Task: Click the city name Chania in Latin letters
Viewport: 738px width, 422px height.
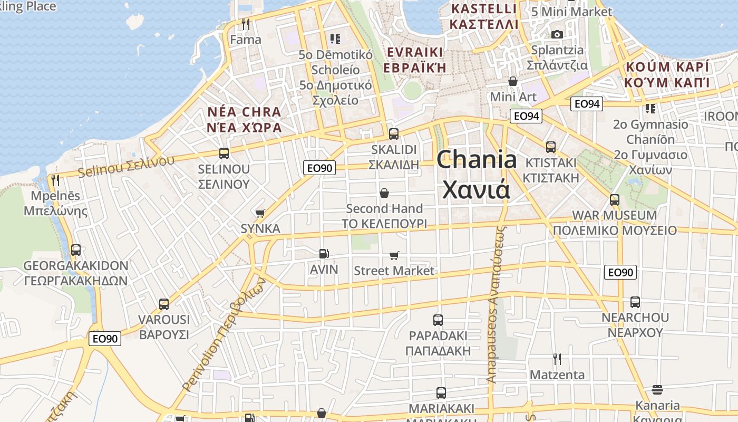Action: click(x=477, y=159)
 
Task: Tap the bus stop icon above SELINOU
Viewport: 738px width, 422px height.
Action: click(x=224, y=154)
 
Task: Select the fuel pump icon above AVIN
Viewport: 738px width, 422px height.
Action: click(x=324, y=254)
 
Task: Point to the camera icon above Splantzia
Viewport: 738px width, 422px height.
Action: click(x=557, y=35)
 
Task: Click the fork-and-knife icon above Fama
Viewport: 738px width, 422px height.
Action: click(x=245, y=24)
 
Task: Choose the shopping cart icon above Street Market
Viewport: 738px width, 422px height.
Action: click(x=394, y=256)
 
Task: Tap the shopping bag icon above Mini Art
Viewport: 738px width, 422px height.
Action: click(x=512, y=81)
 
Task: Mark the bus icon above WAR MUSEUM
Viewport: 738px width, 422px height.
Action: click(x=614, y=200)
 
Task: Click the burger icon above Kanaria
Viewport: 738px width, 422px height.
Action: click(x=657, y=390)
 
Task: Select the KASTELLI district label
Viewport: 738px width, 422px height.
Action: click(x=483, y=9)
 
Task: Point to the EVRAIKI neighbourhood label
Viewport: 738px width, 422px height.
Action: click(x=414, y=52)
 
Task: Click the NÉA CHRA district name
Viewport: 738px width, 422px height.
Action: click(x=244, y=112)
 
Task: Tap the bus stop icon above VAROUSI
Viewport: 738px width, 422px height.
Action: click(x=164, y=304)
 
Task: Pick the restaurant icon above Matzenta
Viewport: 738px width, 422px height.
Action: click(x=557, y=359)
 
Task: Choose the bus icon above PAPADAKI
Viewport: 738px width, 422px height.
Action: click(x=438, y=320)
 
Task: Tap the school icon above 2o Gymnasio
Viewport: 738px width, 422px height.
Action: click(x=650, y=109)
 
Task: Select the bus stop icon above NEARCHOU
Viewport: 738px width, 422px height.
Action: click(x=635, y=302)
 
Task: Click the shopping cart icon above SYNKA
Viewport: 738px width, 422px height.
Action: click(x=260, y=213)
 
